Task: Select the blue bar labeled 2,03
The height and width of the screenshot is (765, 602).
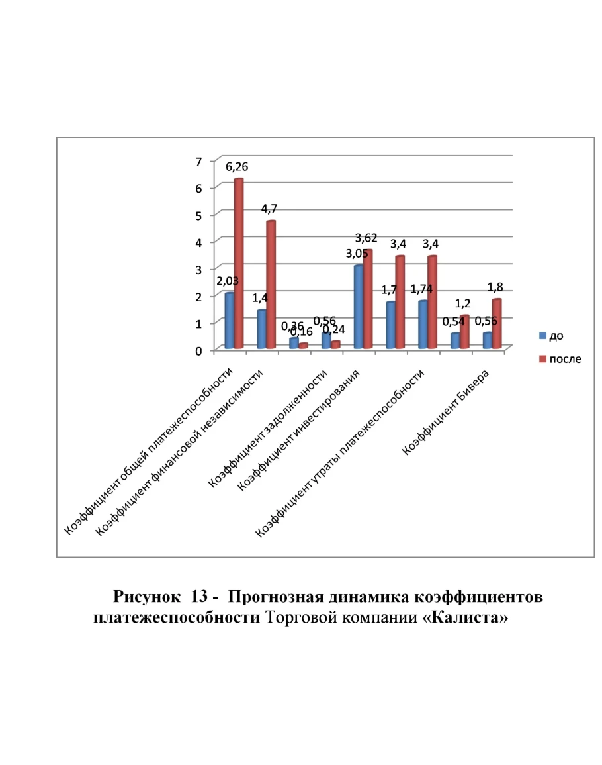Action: [x=229, y=321]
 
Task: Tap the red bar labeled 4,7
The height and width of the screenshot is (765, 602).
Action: [x=271, y=285]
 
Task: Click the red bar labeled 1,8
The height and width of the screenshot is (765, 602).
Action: [x=497, y=324]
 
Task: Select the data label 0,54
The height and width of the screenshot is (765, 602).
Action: [x=454, y=322]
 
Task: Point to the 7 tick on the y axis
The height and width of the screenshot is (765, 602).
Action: [x=198, y=162]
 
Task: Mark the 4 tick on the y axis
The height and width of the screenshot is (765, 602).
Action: [x=198, y=242]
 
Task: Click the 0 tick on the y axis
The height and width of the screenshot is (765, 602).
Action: [x=198, y=350]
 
